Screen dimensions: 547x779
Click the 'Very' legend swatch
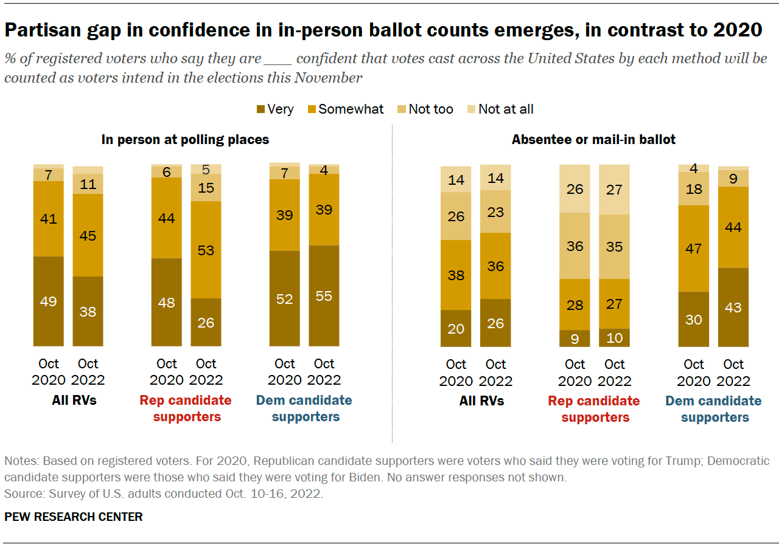tap(260, 109)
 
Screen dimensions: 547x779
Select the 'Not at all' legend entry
tap(506, 109)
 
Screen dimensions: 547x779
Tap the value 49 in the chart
tap(48, 301)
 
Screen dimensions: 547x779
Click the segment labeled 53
tap(206, 250)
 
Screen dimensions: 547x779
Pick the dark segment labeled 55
tap(324, 296)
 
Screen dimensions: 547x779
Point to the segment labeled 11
tap(88, 184)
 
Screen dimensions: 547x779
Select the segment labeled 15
tap(206, 188)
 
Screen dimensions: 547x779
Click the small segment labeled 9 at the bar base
tap(575, 339)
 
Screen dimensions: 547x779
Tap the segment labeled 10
tap(614, 338)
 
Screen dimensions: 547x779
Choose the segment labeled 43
tap(733, 308)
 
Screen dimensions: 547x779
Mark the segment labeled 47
tap(694, 249)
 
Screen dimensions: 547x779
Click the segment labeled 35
tap(614, 246)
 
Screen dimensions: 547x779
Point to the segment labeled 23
tap(495, 212)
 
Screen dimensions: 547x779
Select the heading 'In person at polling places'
tap(185, 140)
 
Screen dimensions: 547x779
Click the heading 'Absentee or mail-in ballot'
tap(593, 140)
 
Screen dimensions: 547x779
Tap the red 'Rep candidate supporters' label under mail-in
tap(594, 409)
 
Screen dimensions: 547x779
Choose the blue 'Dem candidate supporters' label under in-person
tap(304, 408)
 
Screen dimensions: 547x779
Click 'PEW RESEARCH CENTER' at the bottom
tap(74, 517)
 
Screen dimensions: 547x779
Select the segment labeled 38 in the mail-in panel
tap(456, 275)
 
